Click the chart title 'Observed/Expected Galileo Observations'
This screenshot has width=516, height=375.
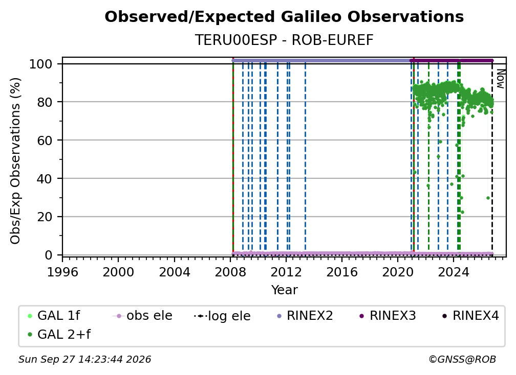click(284, 17)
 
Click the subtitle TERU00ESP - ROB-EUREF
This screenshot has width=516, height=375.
click(284, 40)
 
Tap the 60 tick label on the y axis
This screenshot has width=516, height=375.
click(45, 140)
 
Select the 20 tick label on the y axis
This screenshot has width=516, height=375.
click(45, 217)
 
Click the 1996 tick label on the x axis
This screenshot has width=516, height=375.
click(62, 272)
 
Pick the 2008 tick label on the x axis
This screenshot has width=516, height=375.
click(230, 272)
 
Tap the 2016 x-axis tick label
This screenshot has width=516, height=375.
click(341, 272)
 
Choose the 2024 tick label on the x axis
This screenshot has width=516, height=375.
click(454, 272)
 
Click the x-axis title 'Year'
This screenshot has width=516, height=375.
click(284, 290)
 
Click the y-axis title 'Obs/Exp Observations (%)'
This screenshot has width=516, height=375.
click(15, 161)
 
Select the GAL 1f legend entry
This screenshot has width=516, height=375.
click(54, 316)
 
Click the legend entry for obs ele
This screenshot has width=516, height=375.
click(142, 316)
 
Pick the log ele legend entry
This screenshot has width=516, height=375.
click(222, 316)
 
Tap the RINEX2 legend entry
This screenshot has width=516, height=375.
click(305, 316)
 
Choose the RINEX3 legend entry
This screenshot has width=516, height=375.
click(388, 316)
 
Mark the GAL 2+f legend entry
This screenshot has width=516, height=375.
click(59, 335)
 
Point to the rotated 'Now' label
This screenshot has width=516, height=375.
click(500, 79)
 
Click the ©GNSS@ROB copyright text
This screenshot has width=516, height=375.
click(462, 360)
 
